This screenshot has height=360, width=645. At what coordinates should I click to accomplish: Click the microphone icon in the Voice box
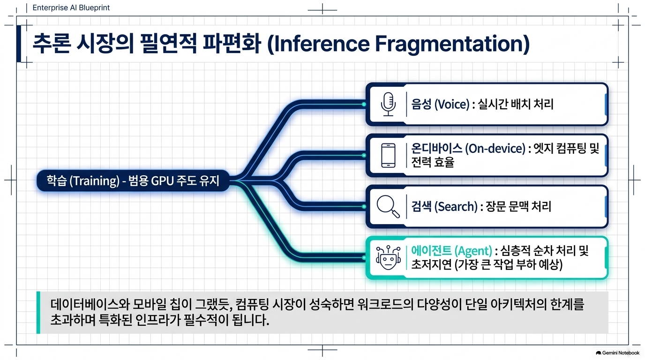coord(388,104)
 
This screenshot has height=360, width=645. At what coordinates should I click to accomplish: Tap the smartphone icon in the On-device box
coord(388,155)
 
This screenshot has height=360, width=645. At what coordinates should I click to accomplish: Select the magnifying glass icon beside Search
coord(388,207)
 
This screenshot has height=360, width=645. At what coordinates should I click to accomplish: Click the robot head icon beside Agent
coord(388,257)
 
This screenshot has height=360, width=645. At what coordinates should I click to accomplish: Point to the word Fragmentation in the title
coord(452,44)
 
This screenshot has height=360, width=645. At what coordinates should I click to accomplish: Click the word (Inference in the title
coord(318,44)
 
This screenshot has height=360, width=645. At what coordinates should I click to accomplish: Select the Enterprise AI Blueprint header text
coord(71,8)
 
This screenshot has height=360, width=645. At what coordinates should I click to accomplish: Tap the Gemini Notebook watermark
coord(617,353)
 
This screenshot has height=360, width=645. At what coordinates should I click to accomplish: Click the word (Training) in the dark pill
coord(94,181)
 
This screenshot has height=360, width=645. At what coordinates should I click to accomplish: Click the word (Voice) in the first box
coord(452,104)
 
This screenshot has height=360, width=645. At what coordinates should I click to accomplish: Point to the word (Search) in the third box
coord(456,207)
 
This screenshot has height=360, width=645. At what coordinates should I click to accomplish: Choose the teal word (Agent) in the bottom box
coord(473,251)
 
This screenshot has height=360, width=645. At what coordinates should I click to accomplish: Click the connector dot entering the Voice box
coord(364,104)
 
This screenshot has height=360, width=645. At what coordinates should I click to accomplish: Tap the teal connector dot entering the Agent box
coord(364,258)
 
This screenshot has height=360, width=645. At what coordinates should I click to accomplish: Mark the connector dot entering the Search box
coord(364,207)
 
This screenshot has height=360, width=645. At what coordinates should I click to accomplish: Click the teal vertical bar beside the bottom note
coord(38,313)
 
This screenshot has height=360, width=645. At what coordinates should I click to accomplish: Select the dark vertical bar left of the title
coord(19,44)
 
